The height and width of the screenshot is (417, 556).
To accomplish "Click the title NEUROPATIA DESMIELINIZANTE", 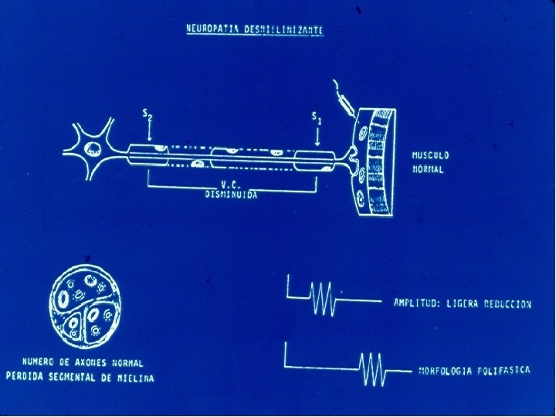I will [x=256, y=29].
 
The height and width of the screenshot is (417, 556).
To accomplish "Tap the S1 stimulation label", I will [x=316, y=117].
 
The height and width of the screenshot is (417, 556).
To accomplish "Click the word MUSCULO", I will [x=430, y=155].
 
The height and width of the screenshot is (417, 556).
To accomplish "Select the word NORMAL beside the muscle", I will [x=428, y=169].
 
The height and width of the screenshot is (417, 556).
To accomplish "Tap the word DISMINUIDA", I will [x=231, y=196].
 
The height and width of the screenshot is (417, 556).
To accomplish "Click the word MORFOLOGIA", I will [x=447, y=371].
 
